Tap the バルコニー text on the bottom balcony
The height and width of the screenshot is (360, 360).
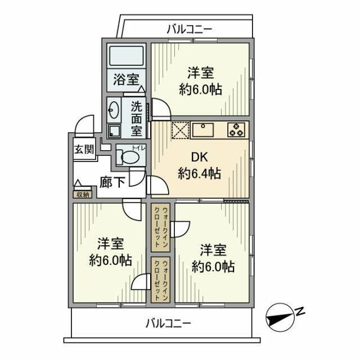click(168, 323)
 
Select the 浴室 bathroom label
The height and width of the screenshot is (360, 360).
click(126, 79)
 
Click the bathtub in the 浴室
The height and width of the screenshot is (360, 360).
click(126, 57)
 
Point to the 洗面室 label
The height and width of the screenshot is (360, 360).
click(137, 118)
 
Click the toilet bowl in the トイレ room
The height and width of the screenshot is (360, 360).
click(127, 157)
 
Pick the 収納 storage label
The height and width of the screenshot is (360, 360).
click(82, 195)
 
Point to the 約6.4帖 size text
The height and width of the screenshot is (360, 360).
click(199, 174)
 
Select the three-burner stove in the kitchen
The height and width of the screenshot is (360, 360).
click(237, 130)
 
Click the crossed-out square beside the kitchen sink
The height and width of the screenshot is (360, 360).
click(179, 130)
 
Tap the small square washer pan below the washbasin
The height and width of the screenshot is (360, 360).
click(114, 130)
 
